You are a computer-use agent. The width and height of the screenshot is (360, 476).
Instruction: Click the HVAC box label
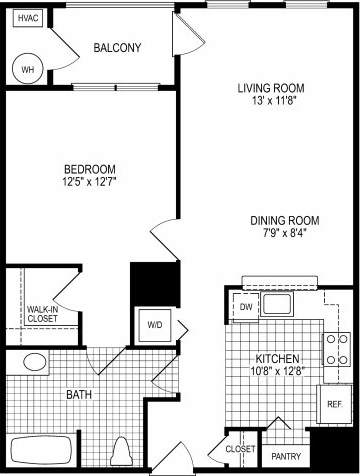[28, 19]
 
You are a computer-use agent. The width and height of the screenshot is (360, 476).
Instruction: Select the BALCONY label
[117, 47]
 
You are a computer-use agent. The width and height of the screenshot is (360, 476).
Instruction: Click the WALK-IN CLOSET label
[42, 314]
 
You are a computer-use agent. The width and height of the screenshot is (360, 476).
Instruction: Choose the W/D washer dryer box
[156, 324]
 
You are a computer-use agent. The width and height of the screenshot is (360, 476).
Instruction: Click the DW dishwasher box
[246, 306]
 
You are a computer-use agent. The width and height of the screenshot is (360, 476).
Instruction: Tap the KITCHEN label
[276, 358]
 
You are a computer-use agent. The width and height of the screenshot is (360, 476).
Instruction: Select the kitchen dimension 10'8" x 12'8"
[276, 372]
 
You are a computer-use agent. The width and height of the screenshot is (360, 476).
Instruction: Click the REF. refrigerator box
[336, 405]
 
